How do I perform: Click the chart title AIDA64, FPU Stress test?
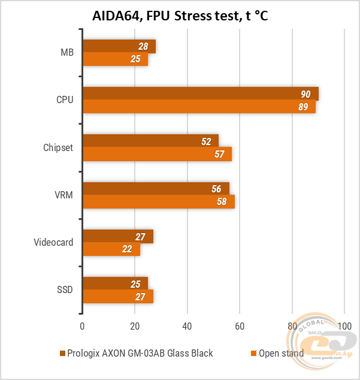point(180,16)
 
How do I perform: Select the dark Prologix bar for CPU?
point(201,94)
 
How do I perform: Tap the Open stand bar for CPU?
point(199,107)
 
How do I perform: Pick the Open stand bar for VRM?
point(159,201)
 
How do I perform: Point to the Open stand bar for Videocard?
point(111,249)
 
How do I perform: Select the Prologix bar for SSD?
point(115,284)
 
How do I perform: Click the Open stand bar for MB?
point(115,59)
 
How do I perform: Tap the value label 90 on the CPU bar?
point(305,94)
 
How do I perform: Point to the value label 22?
point(126,249)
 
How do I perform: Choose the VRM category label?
point(63,195)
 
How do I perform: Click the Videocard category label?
point(53,242)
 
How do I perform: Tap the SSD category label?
point(64,289)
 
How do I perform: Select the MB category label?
point(66,52)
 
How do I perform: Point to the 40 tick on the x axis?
point(187,327)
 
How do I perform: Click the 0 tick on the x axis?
point(82,327)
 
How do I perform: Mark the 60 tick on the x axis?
point(240,327)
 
